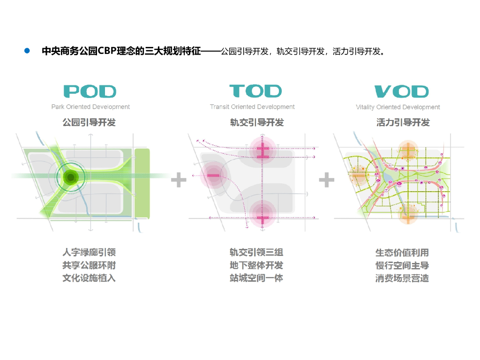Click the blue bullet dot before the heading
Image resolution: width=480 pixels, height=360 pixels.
pyautogui.click(x=27, y=51)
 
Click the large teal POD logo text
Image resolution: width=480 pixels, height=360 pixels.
pyautogui.click(x=90, y=91)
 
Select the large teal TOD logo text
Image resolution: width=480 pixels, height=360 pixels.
pyautogui.click(x=255, y=91)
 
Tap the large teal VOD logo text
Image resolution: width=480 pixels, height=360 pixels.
pyautogui.click(x=402, y=91)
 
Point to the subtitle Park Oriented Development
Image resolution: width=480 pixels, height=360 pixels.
pyautogui.click(x=90, y=107)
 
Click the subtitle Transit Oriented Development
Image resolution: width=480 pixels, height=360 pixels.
pyautogui.click(x=252, y=107)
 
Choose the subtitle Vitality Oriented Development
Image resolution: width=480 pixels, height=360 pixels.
pyautogui.click(x=398, y=107)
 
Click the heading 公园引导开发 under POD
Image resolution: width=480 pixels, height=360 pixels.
pyautogui.click(x=89, y=123)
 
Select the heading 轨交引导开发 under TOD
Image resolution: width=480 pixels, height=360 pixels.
pyautogui.click(x=257, y=123)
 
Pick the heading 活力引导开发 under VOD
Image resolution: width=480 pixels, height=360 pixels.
pyautogui.click(x=403, y=123)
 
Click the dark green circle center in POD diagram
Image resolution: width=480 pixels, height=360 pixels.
pyautogui.click(x=71, y=177)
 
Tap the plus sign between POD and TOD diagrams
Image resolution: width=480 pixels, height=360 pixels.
pyautogui.click(x=178, y=180)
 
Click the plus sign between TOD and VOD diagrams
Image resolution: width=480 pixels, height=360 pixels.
pyautogui.click(x=326, y=180)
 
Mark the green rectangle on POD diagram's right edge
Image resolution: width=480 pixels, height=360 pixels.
pyautogui.click(x=142, y=183)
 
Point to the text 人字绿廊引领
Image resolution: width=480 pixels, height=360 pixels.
pyautogui.click(x=89, y=253)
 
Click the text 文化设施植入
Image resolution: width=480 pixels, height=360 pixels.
pyautogui.click(x=89, y=278)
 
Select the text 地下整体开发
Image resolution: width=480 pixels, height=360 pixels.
pyautogui.click(x=256, y=265)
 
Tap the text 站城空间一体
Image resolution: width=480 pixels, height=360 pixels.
pyautogui.click(x=256, y=278)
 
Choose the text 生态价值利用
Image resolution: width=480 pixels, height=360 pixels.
pyautogui.click(x=402, y=253)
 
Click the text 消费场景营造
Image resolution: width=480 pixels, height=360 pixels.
pyautogui.click(x=402, y=278)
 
